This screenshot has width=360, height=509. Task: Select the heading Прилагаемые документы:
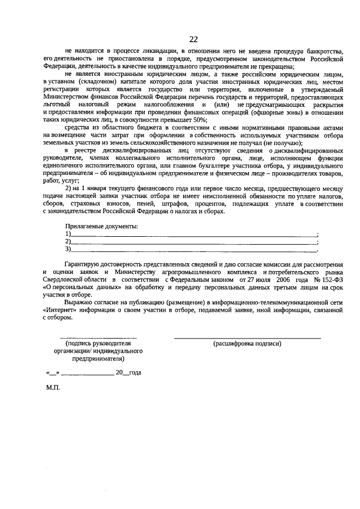point(101,227)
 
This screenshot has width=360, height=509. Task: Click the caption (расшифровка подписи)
point(247,343)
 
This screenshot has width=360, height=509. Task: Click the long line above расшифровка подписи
point(247,337)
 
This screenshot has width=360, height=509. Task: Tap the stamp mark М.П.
point(53,388)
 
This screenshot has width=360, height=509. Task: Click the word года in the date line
point(135,373)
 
